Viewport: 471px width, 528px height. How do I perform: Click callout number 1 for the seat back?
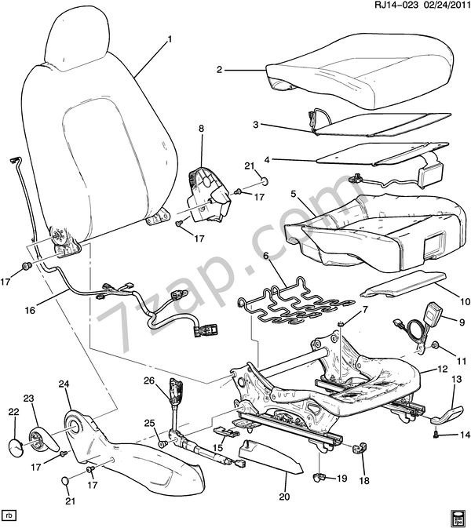(x=170, y=38)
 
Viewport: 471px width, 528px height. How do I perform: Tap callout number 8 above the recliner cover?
(x=200, y=127)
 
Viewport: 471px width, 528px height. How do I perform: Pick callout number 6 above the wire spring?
(x=266, y=256)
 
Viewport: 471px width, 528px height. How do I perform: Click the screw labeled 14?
(x=436, y=432)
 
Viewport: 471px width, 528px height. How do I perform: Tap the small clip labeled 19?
(x=319, y=475)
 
